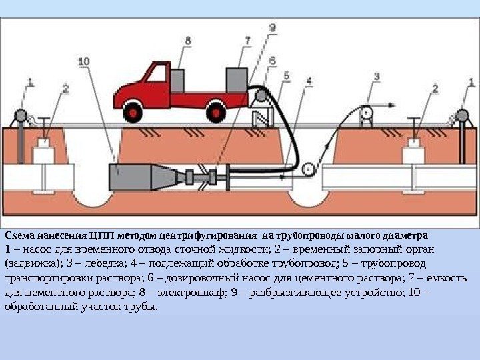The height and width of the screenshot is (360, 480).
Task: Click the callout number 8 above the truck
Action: (x=187, y=40)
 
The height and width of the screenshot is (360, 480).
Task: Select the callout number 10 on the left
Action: (x=84, y=61)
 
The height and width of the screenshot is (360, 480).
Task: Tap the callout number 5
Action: (x=287, y=77)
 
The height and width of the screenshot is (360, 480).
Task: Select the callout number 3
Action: (x=377, y=77)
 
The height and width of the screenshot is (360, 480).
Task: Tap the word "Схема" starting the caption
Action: (x=19, y=235)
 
